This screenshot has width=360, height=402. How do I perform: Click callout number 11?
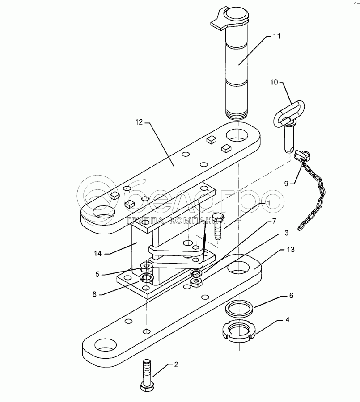tap(277, 37)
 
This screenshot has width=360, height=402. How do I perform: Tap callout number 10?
tap(274, 82)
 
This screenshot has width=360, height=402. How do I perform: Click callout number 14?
tap(98, 253)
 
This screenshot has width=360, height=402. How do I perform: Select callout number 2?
tap(176, 365)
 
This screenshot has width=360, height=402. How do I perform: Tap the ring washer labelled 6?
tap(239, 308)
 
